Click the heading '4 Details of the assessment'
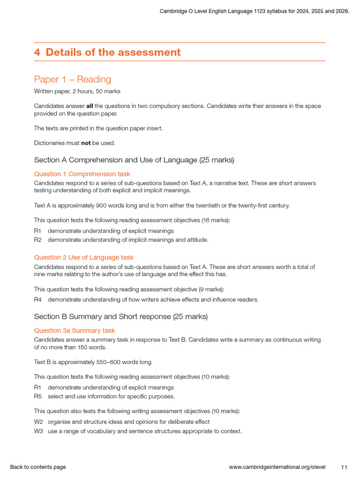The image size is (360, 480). [107, 52]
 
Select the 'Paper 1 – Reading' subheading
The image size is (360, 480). [73, 79]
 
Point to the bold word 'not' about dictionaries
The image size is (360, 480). [86, 143]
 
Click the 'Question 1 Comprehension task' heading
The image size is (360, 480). [82, 174]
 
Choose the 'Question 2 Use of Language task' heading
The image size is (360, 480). [83, 257]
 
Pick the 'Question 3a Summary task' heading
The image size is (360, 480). [75, 330]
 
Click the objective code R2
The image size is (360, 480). [38, 240]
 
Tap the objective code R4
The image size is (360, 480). [38, 300]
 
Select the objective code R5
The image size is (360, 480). [38, 397]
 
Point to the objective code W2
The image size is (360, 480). [38, 422]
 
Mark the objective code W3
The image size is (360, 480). [38, 431]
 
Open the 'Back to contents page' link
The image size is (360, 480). [38, 467]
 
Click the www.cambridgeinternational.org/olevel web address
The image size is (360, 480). [277, 467]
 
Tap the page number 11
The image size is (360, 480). [344, 467]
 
